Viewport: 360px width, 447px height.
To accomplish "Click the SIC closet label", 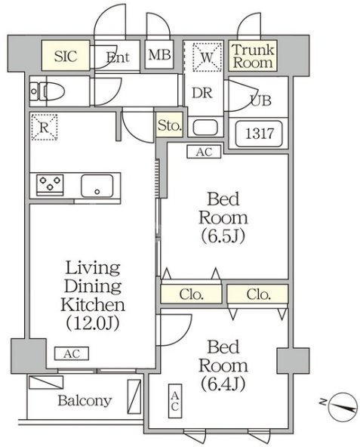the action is click(x=66, y=56).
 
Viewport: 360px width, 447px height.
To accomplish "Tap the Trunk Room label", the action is click(x=253, y=56).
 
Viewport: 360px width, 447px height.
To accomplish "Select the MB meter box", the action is click(x=159, y=54).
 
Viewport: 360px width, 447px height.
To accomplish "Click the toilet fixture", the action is click(x=48, y=91).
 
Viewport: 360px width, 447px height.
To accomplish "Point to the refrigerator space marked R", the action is click(x=45, y=127).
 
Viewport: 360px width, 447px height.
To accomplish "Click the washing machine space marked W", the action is click(x=207, y=57).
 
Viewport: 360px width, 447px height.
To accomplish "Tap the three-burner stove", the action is click(x=50, y=184).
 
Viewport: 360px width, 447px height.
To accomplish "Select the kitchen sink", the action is click(x=97, y=186).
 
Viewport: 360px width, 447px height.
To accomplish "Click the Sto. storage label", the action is click(x=170, y=125).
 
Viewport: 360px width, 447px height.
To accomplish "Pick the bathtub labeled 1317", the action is click(x=259, y=134).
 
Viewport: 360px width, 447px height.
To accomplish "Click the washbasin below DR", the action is click(x=205, y=127).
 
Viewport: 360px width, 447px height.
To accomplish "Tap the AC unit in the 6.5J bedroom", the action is click(x=204, y=152).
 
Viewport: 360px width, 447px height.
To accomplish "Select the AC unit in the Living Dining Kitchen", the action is click(x=72, y=353).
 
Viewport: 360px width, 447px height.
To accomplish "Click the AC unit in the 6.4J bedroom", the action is click(x=175, y=401).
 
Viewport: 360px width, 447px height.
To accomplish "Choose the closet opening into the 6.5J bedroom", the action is click(x=191, y=294).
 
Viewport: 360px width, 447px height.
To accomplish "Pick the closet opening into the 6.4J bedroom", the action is click(x=257, y=294).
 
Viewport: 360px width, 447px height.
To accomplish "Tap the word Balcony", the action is click(x=85, y=401).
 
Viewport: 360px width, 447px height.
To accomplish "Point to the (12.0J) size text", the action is click(x=93, y=323).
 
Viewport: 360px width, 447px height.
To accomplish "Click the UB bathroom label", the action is click(x=261, y=100).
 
